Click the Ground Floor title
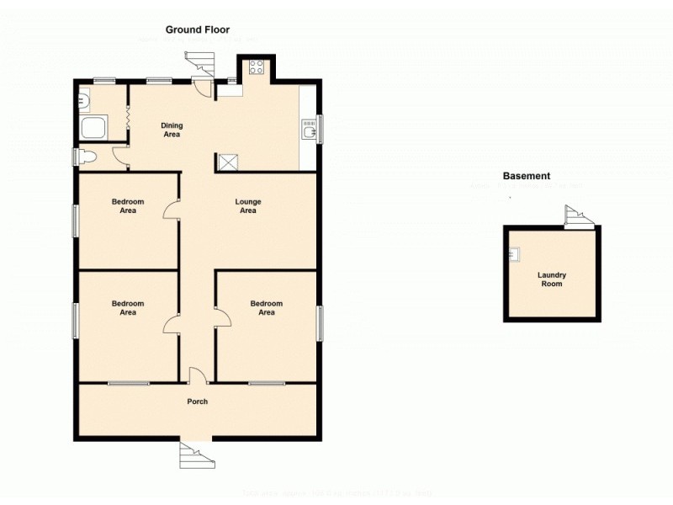pyautogui.click(x=197, y=29)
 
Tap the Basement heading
pyautogui.click(x=526, y=176)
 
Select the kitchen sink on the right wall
pyautogui.click(x=307, y=130)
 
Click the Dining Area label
pyautogui.click(x=172, y=130)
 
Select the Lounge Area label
pyautogui.click(x=247, y=206)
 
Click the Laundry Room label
pyautogui.click(x=552, y=279)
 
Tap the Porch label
pyautogui.click(x=197, y=401)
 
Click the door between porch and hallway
pyautogui.click(x=197, y=377)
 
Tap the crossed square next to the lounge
pyautogui.click(x=227, y=162)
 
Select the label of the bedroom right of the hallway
pyautogui.click(x=266, y=307)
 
